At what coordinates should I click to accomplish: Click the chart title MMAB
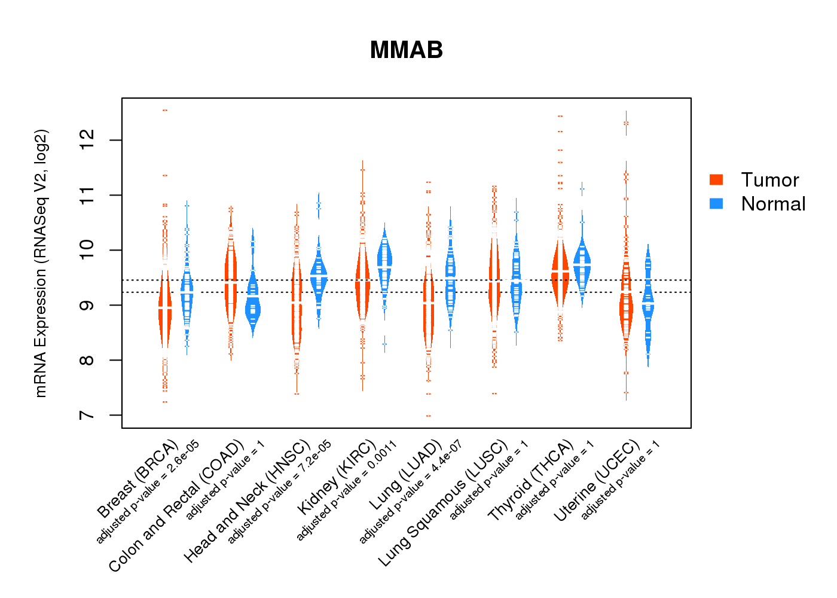pyautogui.click(x=406, y=50)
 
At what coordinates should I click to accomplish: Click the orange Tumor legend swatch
pyautogui.click(x=716, y=179)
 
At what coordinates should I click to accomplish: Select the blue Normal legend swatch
pyautogui.click(x=716, y=203)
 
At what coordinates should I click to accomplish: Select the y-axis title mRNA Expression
pyautogui.click(x=41, y=263)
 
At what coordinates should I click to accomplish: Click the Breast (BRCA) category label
pyautogui.click(x=138, y=479)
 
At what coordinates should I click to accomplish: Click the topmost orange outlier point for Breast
pyautogui.click(x=165, y=111)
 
